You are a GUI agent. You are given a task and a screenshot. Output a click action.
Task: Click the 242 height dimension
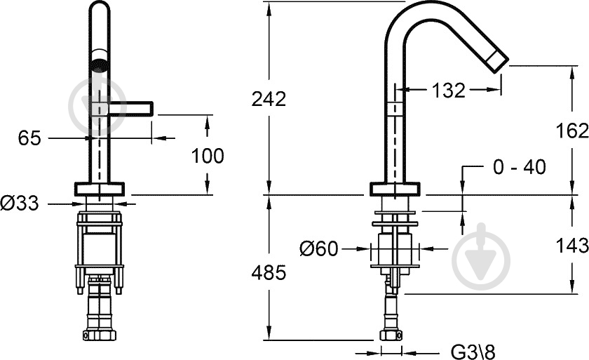269,99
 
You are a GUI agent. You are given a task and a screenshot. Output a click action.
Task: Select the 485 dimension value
269,272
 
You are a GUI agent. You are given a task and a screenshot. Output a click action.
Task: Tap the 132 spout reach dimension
449,91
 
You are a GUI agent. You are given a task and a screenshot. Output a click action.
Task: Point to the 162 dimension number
572,131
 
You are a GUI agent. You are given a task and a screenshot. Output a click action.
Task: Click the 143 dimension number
572,246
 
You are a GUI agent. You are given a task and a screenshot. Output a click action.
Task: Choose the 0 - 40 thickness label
520,167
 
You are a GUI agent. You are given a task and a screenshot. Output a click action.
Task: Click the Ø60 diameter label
319,248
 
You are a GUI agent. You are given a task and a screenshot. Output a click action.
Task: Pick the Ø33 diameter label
20,204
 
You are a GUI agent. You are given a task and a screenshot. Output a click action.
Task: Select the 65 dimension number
29,138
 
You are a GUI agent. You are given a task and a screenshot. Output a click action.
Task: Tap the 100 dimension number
208,156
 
